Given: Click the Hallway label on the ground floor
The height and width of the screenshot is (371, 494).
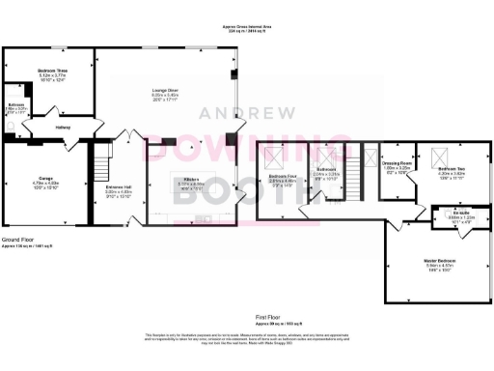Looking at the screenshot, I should tap(61, 127).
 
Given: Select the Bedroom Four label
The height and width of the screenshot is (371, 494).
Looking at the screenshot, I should tap(282, 177).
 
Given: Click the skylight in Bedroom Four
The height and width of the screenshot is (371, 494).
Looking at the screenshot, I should tap(273, 157).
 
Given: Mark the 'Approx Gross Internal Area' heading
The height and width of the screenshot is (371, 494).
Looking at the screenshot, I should tap(247, 26).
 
